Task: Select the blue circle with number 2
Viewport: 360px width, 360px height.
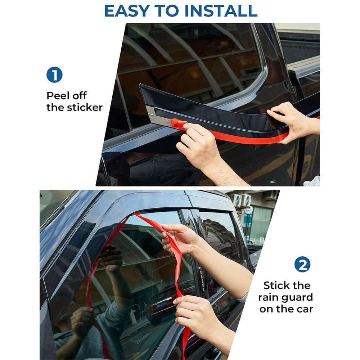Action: tap(302, 265)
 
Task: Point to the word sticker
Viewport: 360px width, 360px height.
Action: tap(86, 107)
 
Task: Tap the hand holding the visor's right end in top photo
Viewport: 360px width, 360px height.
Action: tap(292, 121)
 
